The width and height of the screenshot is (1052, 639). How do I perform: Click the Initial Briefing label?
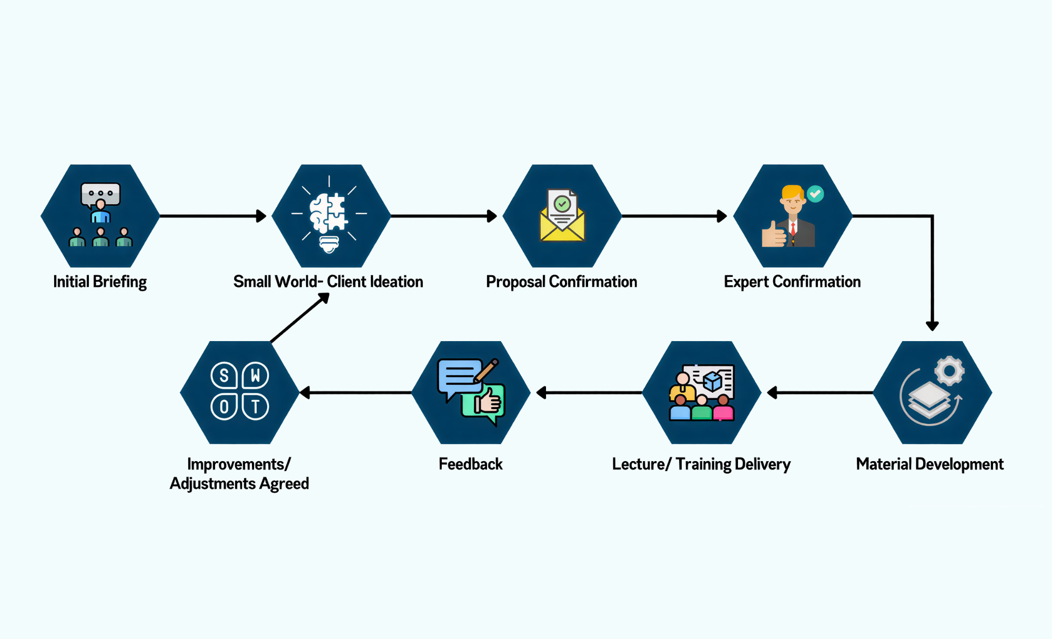[x=100, y=282]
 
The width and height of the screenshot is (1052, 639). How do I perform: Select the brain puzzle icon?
[x=329, y=213]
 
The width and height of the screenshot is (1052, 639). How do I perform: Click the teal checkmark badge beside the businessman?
[x=815, y=194]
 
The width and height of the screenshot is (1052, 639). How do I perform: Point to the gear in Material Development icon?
[x=949, y=371]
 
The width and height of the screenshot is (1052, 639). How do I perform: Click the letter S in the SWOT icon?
[x=224, y=376]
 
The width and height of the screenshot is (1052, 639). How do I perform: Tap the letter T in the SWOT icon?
[x=256, y=407]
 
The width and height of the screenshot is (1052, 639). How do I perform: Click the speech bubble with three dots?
[x=100, y=194]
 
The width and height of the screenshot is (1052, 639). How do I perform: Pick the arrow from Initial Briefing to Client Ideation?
[x=213, y=216]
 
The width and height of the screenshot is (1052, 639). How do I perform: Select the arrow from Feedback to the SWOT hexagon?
[x=356, y=393]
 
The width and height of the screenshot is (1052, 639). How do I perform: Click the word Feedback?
[x=471, y=464]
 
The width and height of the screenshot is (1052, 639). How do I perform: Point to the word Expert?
[x=746, y=282]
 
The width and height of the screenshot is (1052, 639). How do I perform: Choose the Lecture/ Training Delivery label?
[x=701, y=464]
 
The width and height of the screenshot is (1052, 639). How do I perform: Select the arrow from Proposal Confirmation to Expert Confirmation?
[x=674, y=216]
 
